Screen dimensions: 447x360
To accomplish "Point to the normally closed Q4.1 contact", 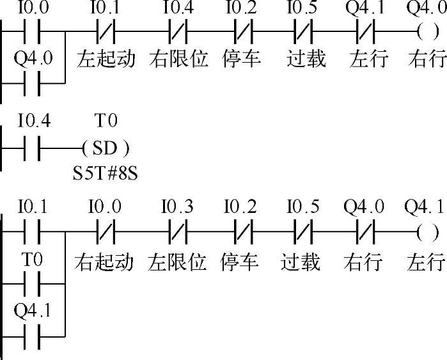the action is coord(365,30).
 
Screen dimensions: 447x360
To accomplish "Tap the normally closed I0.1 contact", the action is coord(104,30).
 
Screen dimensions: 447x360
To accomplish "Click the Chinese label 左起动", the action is coord(106,59).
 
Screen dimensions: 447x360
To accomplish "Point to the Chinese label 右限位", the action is coord(179,59).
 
